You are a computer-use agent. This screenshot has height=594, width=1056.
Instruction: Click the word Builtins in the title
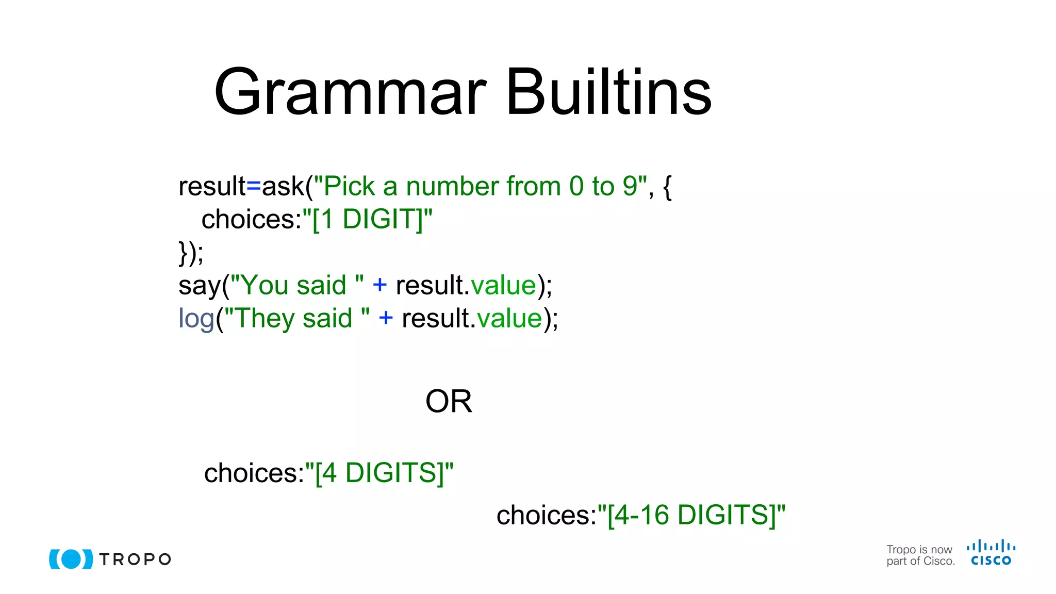click(608, 93)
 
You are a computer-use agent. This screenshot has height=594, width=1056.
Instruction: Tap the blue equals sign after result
click(254, 187)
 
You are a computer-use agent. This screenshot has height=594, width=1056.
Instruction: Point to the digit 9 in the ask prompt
click(630, 187)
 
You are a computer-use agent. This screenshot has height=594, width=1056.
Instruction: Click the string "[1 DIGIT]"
click(368, 220)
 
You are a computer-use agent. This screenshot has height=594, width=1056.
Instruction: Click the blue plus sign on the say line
click(379, 285)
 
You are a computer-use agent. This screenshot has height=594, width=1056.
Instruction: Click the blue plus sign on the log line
click(386, 318)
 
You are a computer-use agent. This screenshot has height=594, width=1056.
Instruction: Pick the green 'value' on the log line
click(509, 319)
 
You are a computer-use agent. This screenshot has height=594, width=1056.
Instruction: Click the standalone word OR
click(449, 402)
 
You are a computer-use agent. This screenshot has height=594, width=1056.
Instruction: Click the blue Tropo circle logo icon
click(71, 559)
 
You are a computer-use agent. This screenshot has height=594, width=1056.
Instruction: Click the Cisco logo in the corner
click(991, 553)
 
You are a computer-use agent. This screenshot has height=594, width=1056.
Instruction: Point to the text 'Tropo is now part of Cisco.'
click(920, 555)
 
